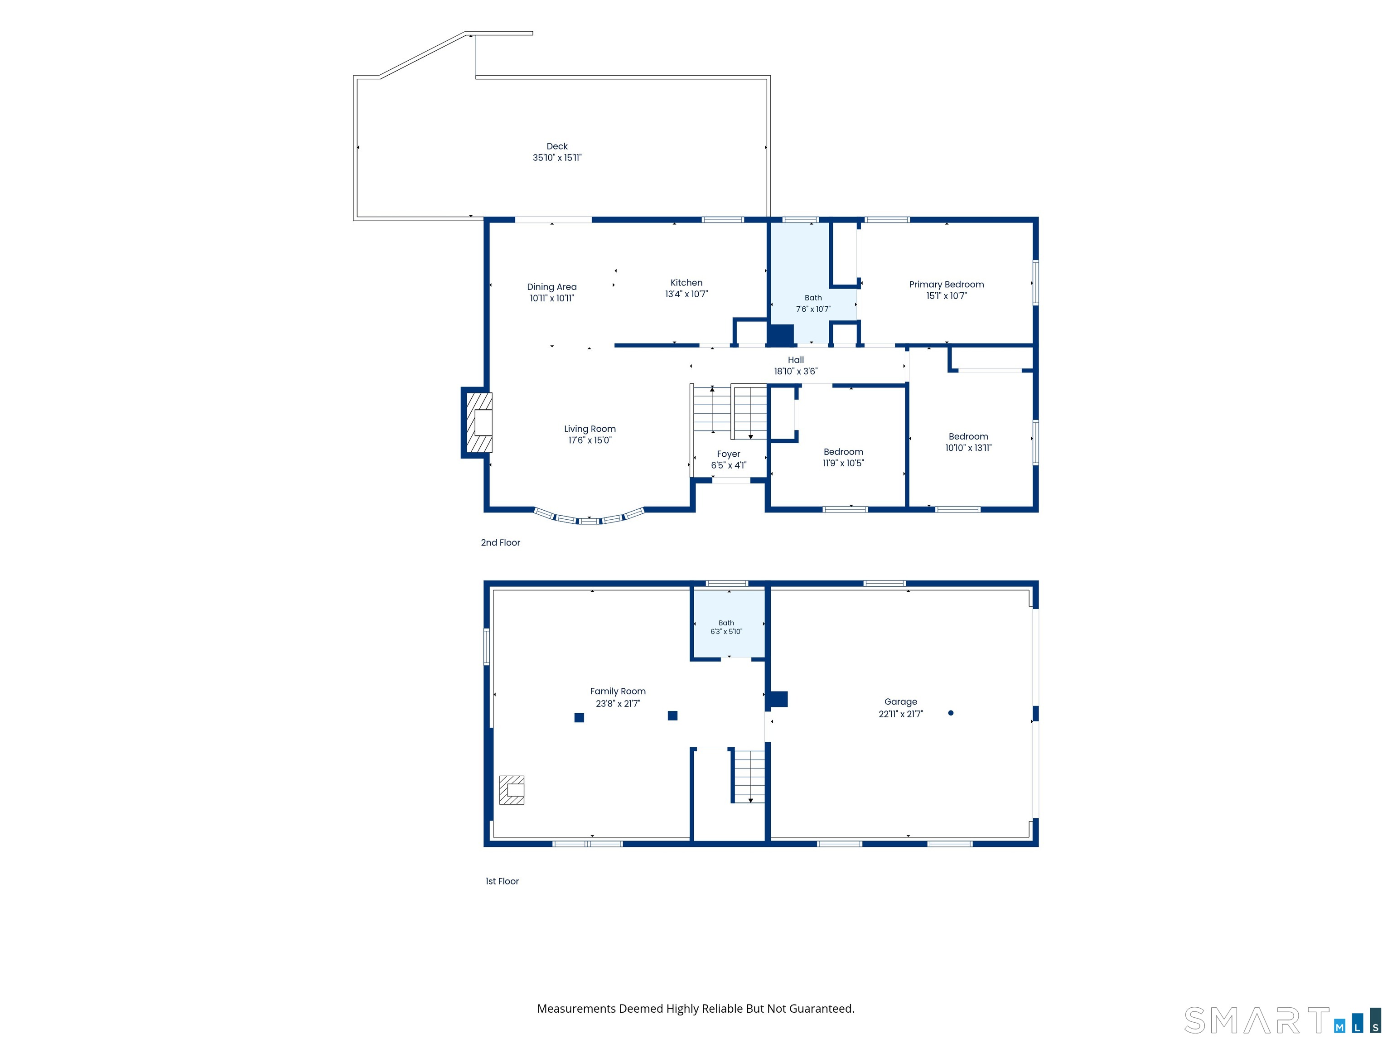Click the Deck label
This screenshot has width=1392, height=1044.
pos(557,146)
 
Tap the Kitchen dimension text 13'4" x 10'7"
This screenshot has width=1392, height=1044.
pos(686,294)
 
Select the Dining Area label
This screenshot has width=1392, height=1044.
pos(552,287)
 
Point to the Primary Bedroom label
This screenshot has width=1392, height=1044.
pos(947,285)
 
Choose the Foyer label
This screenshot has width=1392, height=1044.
pos(728,454)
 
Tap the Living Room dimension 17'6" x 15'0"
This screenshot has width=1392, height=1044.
pos(590,440)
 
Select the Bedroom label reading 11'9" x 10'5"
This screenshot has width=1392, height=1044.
pos(843,458)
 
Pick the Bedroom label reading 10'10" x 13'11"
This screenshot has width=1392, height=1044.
pos(968,442)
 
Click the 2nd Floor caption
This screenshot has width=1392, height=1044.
pos(500,542)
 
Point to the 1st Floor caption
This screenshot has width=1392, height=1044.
pos(502,881)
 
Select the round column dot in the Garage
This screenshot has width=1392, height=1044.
pos(951,713)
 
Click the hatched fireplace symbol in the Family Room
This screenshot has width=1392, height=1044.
pos(512,790)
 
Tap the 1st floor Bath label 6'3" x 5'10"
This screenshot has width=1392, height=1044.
pos(726,628)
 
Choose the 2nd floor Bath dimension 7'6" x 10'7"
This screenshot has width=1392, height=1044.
pos(813,309)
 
